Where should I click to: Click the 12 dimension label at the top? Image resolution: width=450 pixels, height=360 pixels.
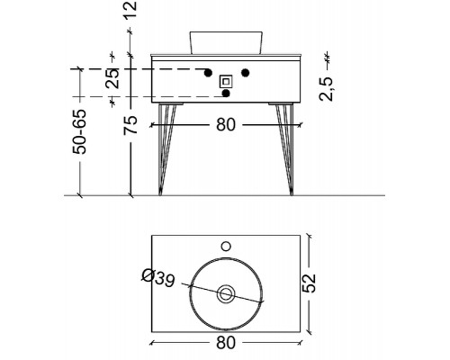(x=130, y=10)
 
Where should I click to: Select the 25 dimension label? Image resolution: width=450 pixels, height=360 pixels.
(x=112, y=78)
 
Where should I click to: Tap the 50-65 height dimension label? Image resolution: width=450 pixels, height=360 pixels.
(x=80, y=131)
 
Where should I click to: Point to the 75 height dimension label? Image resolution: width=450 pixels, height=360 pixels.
(x=130, y=125)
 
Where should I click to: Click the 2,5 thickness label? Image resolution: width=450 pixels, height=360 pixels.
(x=326, y=89)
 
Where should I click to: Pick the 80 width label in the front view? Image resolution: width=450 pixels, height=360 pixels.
(x=226, y=125)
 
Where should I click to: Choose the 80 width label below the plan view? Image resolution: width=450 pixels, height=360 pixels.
(x=226, y=343)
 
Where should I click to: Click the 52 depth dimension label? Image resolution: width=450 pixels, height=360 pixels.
(x=309, y=283)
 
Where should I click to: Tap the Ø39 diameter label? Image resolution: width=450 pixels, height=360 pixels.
(x=158, y=278)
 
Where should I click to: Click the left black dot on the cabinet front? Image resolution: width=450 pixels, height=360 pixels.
(x=208, y=73)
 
